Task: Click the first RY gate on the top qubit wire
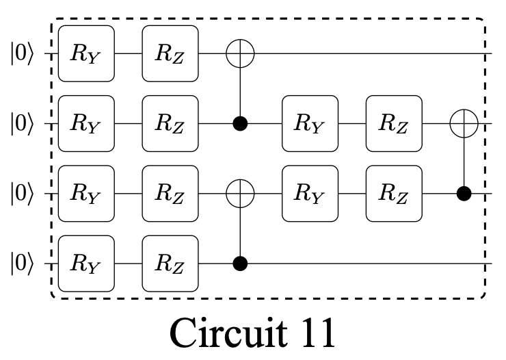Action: (86, 53)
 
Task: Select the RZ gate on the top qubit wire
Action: (170, 53)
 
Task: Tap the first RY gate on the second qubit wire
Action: (86, 124)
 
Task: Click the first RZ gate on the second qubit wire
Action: (170, 124)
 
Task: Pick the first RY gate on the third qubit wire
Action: (86, 194)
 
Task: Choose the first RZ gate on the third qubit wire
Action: (170, 194)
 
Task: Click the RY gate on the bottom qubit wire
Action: (86, 263)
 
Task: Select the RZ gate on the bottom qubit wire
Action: (170, 263)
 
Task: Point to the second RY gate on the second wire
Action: (310, 124)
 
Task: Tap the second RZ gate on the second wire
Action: (394, 124)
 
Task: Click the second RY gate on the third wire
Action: (310, 194)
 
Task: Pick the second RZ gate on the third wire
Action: (394, 194)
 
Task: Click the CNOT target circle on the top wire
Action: (240, 53)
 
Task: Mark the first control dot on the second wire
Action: (240, 124)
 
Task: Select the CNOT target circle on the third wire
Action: (240, 194)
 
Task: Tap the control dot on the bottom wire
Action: (240, 263)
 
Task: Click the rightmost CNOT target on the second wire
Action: (464, 124)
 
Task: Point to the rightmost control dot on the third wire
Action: (464, 194)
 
